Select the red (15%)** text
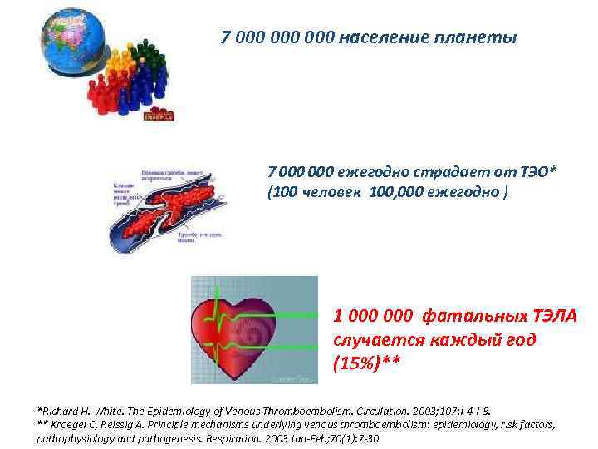pos(367,363)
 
